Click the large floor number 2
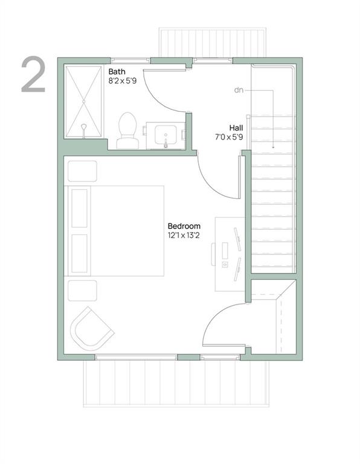[34, 75]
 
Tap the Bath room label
[117, 71]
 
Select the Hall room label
[236, 127]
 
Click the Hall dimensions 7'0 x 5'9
[230, 137]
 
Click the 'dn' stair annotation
[239, 90]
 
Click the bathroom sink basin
[165, 134]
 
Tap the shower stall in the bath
[83, 103]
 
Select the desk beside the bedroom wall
[230, 248]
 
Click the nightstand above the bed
[82, 171]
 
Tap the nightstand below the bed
[82, 290]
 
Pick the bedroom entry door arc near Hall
[214, 176]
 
